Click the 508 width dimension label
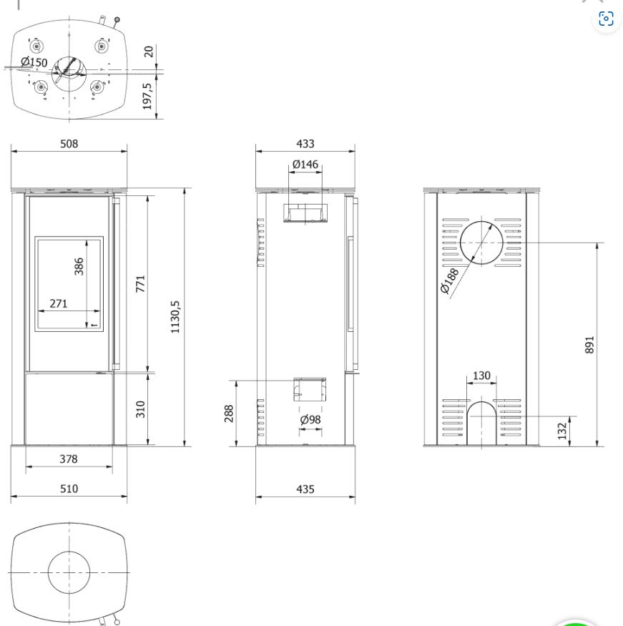point(69,144)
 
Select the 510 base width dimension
point(69,489)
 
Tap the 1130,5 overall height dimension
point(175,317)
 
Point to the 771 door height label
point(140,284)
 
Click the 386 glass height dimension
point(79,266)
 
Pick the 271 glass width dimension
point(58,304)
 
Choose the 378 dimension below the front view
point(69,459)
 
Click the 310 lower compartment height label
point(140,409)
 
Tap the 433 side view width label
point(305,144)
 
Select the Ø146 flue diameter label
point(305,165)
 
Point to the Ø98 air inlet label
point(310,419)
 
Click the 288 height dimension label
point(229,414)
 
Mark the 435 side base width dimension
point(305,489)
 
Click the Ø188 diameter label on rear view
point(449,281)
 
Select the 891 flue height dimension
point(589,345)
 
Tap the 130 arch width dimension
point(481,376)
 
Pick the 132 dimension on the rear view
point(562,431)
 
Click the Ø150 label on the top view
point(34,62)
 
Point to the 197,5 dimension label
point(147,96)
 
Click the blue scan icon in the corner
point(606,19)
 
